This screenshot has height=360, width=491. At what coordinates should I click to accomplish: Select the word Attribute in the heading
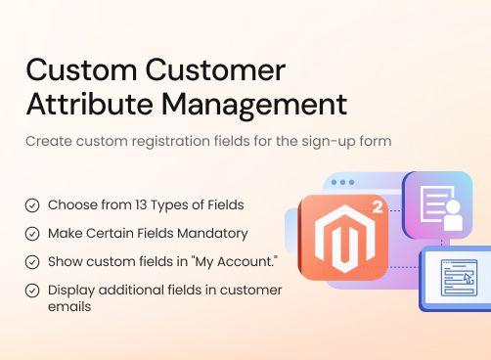tap(83, 103)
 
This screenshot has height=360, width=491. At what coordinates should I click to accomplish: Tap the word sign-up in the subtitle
tap(327, 141)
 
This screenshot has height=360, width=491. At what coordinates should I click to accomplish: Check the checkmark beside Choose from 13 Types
tap(32, 205)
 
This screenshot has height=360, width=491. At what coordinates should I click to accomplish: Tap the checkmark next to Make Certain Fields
tap(32, 234)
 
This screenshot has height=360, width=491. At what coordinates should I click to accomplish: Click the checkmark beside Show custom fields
tap(32, 262)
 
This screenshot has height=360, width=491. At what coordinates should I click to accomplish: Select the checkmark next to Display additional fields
tap(32, 291)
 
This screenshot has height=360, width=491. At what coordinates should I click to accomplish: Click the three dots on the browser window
tap(342, 183)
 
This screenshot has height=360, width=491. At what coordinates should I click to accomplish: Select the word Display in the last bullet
tap(69, 291)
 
